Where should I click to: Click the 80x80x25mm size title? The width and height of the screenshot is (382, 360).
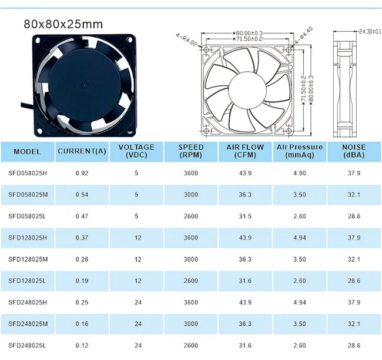click(x=63, y=24)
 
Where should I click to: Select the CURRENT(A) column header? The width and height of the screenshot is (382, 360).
click(x=82, y=151)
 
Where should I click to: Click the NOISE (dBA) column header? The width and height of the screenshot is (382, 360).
click(x=353, y=151)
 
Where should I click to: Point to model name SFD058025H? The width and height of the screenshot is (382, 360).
click(x=27, y=173)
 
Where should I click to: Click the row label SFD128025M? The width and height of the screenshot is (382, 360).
click(x=27, y=259)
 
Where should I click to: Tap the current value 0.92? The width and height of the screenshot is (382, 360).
click(x=82, y=173)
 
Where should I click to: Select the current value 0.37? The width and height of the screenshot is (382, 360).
click(x=82, y=238)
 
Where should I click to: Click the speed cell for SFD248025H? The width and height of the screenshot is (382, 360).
click(x=191, y=302)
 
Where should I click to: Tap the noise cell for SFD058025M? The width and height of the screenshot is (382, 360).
click(x=353, y=194)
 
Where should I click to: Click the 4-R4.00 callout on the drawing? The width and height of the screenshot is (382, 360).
click(x=187, y=37)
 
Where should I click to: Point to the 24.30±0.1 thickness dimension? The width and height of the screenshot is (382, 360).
click(x=369, y=30)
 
